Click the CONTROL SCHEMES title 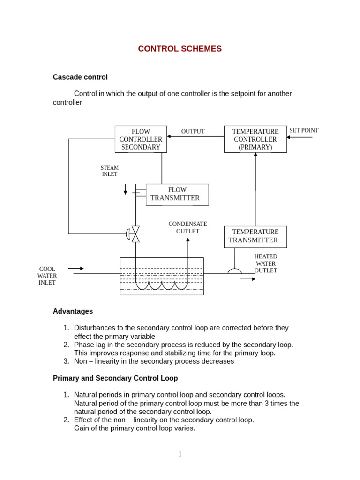(180, 49)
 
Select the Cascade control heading (80, 77)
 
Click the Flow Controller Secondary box (141, 139)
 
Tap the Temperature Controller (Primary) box (255, 139)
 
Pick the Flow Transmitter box (177, 194)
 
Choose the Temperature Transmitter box (255, 236)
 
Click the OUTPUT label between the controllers (193, 131)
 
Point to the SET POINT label (304, 130)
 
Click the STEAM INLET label (110, 171)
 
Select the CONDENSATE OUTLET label (187, 227)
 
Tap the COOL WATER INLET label (47, 276)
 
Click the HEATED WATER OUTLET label (265, 263)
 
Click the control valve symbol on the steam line (135, 234)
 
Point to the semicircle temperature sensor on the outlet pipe (234, 271)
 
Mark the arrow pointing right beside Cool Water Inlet (76, 269)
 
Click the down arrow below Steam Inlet (126, 189)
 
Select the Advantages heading (73, 311)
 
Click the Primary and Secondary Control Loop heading (115, 378)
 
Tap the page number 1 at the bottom (180, 454)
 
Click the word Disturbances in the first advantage (97, 328)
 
